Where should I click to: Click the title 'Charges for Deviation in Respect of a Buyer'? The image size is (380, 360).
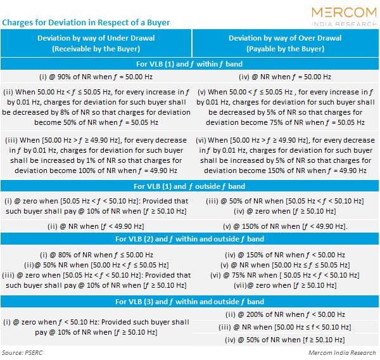coord(86,22)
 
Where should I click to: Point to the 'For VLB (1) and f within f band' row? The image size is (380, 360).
coord(190,64)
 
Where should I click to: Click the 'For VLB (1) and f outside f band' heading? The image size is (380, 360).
coord(190,186)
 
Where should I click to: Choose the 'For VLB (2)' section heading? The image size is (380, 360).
coord(190,239)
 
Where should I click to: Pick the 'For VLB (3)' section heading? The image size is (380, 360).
coord(190,302)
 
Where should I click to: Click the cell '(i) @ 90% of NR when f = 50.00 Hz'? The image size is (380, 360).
coord(96,77)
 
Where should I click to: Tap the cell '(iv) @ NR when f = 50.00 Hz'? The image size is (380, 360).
coord(285,77)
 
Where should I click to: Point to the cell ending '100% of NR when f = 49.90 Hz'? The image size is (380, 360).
coord(96,155)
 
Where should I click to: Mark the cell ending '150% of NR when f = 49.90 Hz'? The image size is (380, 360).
coord(286,155)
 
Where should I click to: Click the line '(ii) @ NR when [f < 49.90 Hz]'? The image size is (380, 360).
coord(96,226)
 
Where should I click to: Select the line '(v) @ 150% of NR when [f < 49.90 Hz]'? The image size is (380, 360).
coord(285,226)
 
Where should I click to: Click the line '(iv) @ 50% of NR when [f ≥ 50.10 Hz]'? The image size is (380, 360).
coord(285,340)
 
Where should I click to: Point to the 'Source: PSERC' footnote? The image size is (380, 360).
coord(22,352)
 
